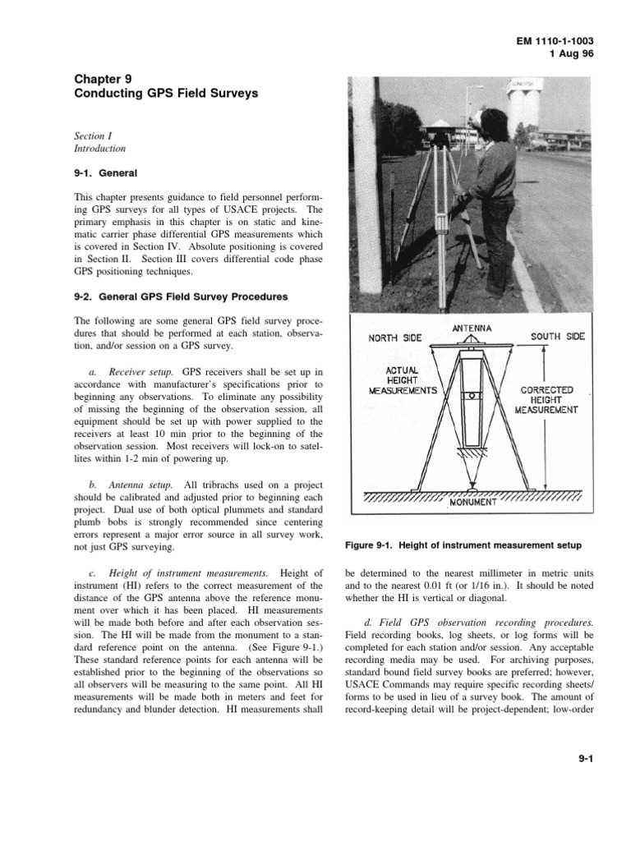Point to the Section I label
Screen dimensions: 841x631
tap(90, 136)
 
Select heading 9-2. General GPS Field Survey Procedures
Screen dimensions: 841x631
tap(181, 297)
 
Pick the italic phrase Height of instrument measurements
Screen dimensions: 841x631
tap(188, 572)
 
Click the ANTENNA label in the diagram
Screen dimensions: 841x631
tap(472, 329)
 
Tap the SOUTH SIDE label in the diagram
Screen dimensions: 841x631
tap(557, 337)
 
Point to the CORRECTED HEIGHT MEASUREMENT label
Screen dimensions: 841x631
tap(546, 399)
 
